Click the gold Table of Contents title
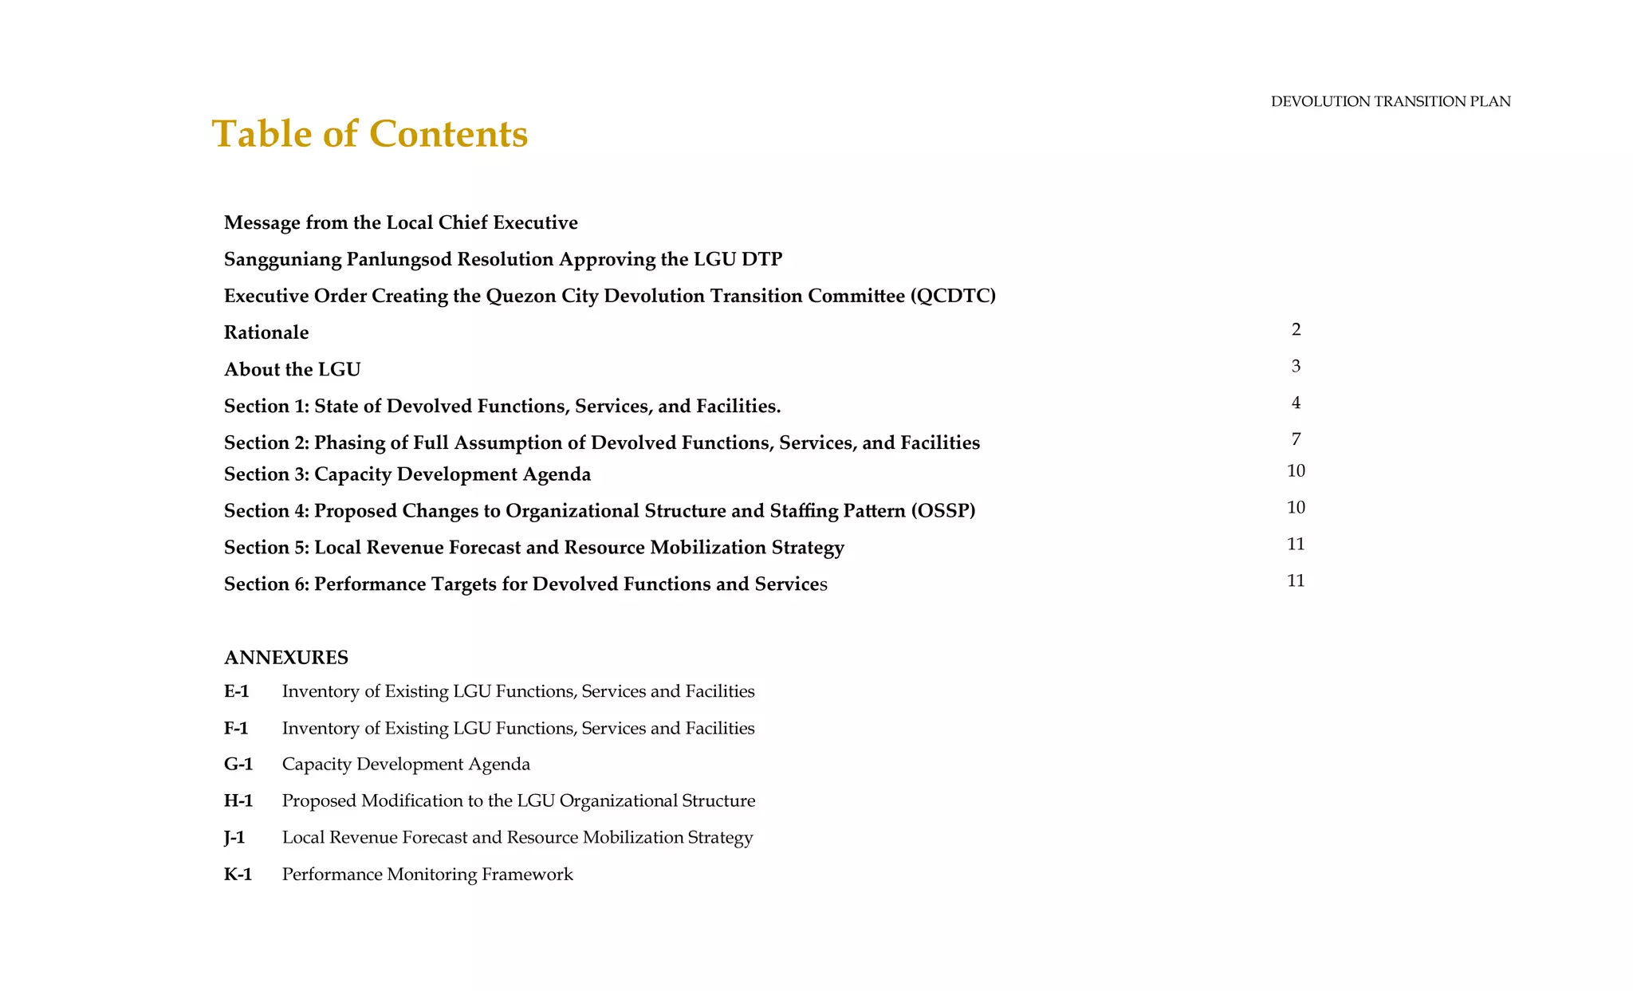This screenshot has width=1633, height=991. (x=369, y=133)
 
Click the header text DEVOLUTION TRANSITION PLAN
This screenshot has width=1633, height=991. (x=1390, y=101)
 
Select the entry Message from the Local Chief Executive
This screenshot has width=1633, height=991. (x=400, y=222)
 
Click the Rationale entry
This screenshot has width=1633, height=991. (x=266, y=332)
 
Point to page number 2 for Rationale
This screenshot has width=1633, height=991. (x=1296, y=329)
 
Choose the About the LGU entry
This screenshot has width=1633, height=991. (x=292, y=369)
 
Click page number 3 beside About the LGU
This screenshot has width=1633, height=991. (x=1296, y=366)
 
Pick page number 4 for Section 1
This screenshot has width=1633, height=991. (x=1296, y=403)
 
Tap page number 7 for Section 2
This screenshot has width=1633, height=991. (x=1296, y=439)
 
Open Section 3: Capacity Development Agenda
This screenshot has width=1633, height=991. (x=407, y=474)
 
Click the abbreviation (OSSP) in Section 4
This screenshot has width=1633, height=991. (x=942, y=510)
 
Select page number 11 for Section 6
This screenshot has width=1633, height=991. (x=1296, y=580)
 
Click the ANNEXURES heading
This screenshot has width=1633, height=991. (x=285, y=658)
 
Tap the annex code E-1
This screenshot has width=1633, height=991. (x=237, y=691)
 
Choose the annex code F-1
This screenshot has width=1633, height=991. (x=236, y=728)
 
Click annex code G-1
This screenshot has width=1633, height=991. (x=238, y=765)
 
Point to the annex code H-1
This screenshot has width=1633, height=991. (x=238, y=800)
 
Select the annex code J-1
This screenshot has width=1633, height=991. (x=234, y=837)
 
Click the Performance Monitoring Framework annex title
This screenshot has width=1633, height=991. (x=427, y=875)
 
